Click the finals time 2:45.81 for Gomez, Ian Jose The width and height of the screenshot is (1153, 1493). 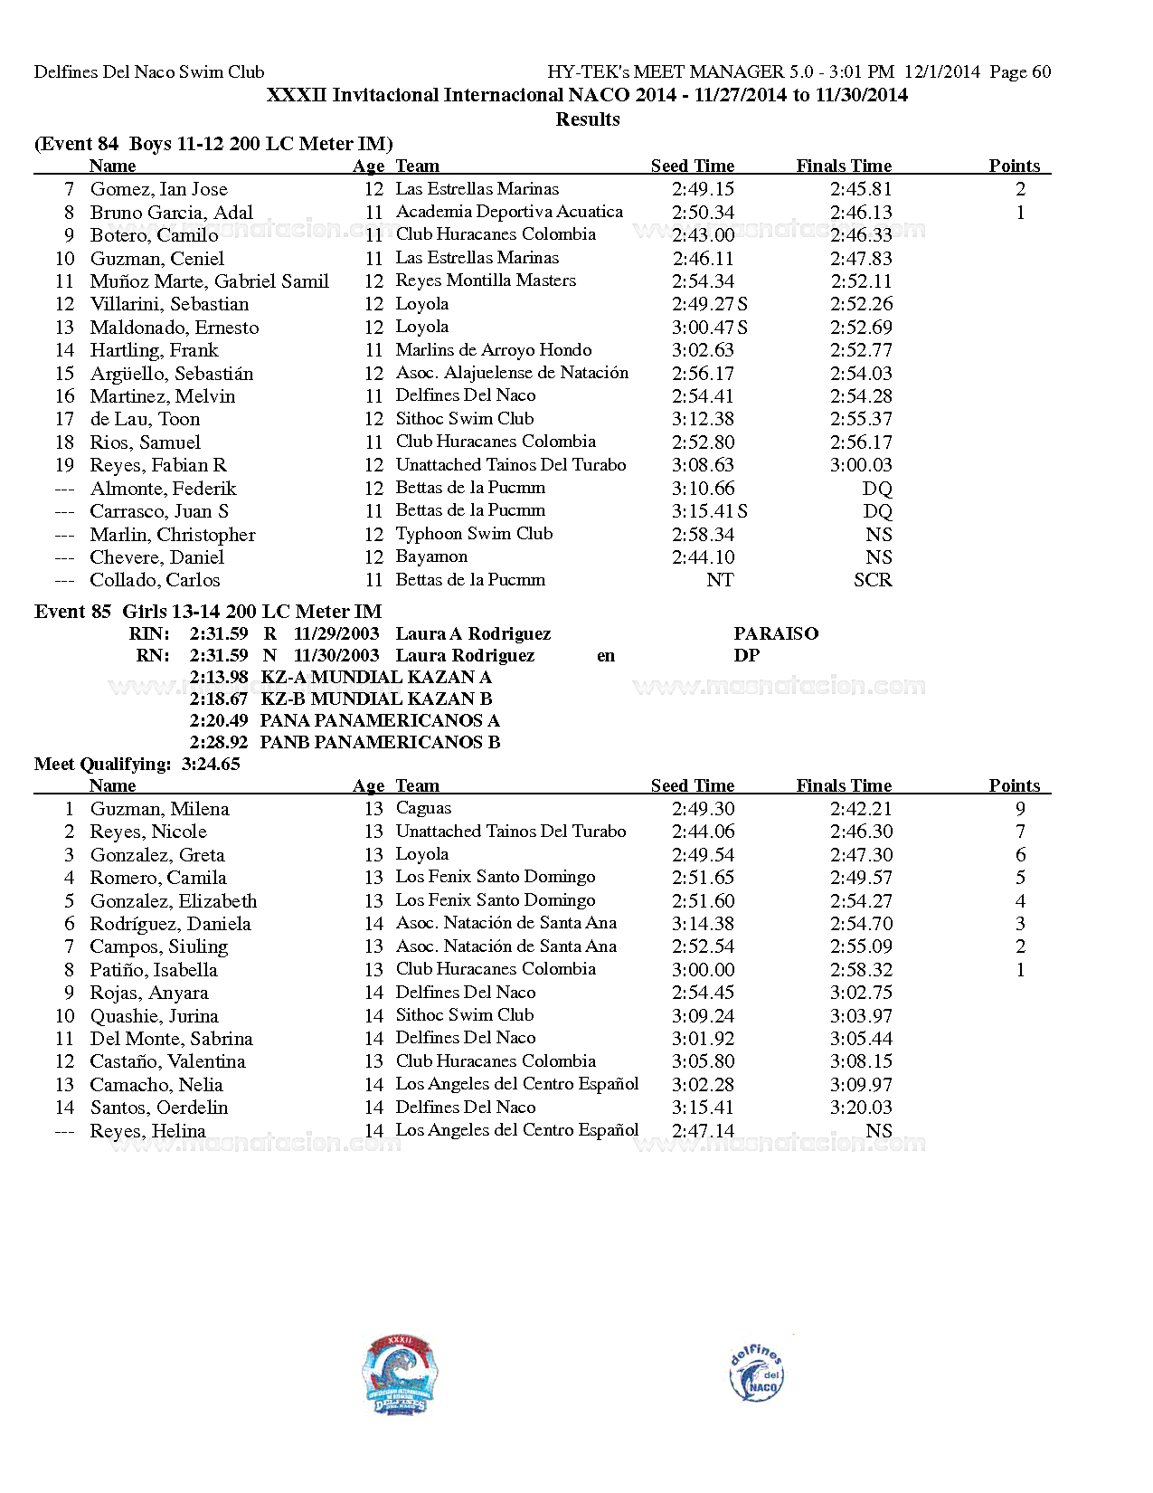(x=861, y=189)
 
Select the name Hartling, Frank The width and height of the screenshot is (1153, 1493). (x=154, y=350)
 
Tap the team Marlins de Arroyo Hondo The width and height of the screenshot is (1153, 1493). (x=494, y=350)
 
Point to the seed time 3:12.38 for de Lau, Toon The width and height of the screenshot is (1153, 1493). (x=703, y=419)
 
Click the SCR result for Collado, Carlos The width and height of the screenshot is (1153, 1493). (x=873, y=580)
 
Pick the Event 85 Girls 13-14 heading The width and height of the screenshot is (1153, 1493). (x=208, y=612)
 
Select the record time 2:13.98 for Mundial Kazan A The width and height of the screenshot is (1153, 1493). (x=219, y=677)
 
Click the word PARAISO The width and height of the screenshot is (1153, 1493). (x=776, y=633)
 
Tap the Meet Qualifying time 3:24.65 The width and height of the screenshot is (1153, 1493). (x=211, y=764)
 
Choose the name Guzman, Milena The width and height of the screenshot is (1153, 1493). (x=159, y=809)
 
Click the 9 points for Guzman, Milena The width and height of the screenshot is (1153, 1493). (x=1020, y=809)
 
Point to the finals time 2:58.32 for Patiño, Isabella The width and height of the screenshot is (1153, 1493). (x=861, y=970)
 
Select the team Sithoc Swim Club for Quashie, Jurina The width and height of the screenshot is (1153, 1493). (x=465, y=1015)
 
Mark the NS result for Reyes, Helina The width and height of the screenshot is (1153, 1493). (x=878, y=1131)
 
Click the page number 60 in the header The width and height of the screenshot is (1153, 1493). (x=1041, y=71)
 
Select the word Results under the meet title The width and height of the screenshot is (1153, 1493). (x=588, y=119)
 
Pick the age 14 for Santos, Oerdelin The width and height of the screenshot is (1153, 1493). (x=374, y=1108)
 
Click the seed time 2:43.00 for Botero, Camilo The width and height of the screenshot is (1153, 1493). (x=703, y=235)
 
